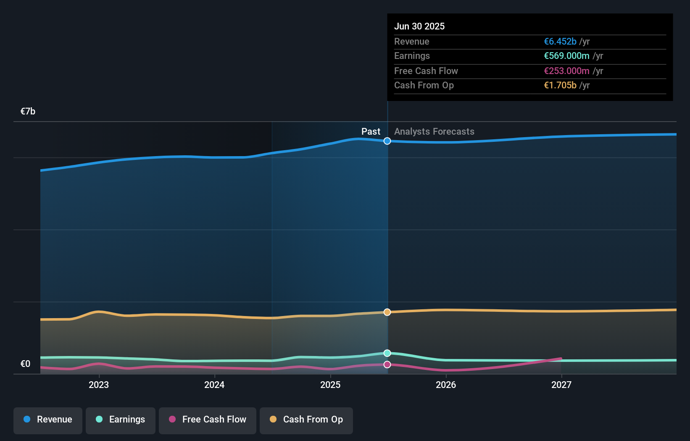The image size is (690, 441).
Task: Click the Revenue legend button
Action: pyautogui.click(x=48, y=420)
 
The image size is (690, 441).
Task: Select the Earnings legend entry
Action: pyautogui.click(x=121, y=420)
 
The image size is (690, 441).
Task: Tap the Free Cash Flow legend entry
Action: pyautogui.click(x=208, y=420)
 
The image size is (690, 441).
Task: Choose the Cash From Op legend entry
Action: pyautogui.click(x=306, y=420)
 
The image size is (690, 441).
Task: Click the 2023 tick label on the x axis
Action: pyautogui.click(x=99, y=385)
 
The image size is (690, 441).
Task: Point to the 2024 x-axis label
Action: pyautogui.click(x=214, y=385)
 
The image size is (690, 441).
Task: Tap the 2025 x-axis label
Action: pyautogui.click(x=330, y=385)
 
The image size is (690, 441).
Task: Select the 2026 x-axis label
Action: pyautogui.click(x=446, y=385)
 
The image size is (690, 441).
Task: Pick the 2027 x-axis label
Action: pyautogui.click(x=561, y=385)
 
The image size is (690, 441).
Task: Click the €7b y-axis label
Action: pyautogui.click(x=28, y=111)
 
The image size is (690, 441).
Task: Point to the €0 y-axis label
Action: pyautogui.click(x=25, y=364)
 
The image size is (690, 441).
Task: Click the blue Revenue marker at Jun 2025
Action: pyautogui.click(x=387, y=141)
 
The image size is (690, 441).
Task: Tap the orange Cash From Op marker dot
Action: pyautogui.click(x=387, y=312)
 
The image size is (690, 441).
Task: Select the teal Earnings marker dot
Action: pyautogui.click(x=387, y=353)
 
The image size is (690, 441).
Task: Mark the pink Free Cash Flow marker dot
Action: pyautogui.click(x=387, y=364)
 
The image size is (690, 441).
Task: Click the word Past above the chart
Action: pyautogui.click(x=371, y=132)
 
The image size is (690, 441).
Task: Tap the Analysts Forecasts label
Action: pyautogui.click(x=434, y=132)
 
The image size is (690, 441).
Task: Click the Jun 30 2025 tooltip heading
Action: pyautogui.click(x=419, y=26)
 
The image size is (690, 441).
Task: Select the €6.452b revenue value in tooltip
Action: pyautogui.click(x=560, y=41)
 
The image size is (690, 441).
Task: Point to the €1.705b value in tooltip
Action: pyautogui.click(x=560, y=85)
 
